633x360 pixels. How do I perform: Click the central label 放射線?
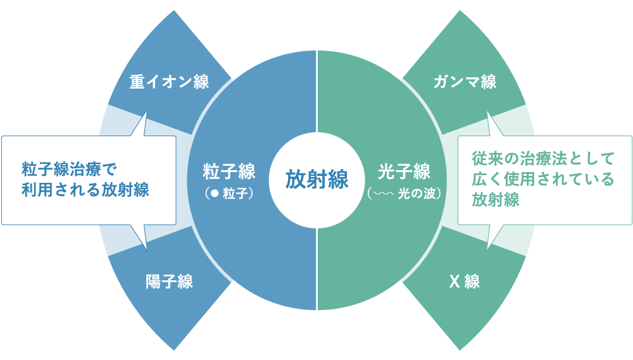(x=316, y=180)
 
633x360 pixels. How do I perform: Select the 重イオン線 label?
(x=169, y=82)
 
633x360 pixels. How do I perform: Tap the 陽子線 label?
(x=169, y=282)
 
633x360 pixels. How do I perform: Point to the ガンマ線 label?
(x=465, y=82)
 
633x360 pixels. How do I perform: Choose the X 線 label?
(x=464, y=282)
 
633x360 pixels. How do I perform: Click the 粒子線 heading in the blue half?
(x=229, y=171)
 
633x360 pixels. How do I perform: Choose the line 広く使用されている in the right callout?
(x=543, y=179)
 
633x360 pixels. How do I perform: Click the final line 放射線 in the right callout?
(x=495, y=201)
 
